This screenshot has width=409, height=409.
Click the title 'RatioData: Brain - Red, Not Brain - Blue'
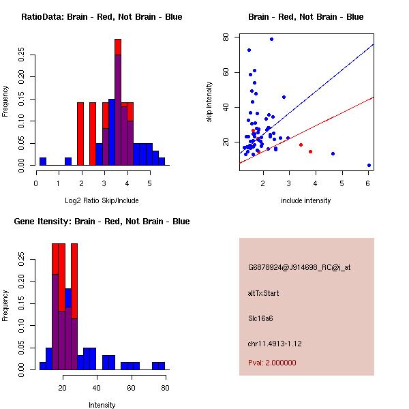[x=102, y=17]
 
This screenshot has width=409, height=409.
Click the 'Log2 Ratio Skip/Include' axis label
[x=102, y=200]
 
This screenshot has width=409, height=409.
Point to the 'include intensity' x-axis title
[x=305, y=200]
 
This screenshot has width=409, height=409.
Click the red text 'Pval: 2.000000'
[x=272, y=363]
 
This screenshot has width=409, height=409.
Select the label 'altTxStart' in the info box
[x=264, y=293]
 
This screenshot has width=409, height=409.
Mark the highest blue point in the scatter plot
[x=271, y=39]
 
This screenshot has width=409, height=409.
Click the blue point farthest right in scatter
[x=369, y=165]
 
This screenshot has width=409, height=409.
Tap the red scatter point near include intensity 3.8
[x=310, y=151]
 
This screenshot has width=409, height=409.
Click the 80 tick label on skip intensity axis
[x=226, y=37]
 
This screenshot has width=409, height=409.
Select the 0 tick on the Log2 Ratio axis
[x=36, y=182]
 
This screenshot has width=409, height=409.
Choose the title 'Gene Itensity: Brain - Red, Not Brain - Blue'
[x=102, y=222]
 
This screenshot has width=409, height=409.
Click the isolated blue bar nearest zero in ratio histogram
[x=43, y=162]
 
